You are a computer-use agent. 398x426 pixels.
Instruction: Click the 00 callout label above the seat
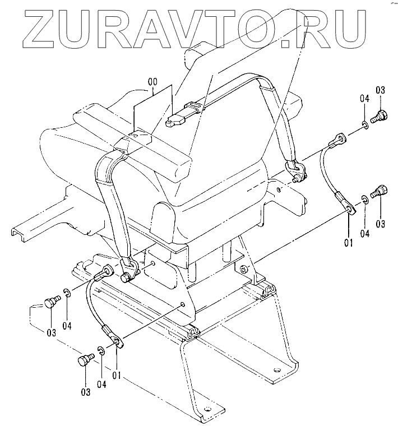[152, 82]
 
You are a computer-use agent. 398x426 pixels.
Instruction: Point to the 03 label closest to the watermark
[380, 91]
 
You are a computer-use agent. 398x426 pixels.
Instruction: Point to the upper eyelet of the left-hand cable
[104, 274]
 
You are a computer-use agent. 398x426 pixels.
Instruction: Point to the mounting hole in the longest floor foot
[209, 408]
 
